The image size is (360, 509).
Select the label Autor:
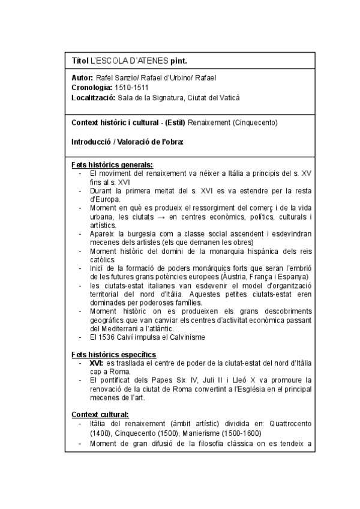point(82,77)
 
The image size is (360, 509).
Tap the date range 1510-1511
point(132,88)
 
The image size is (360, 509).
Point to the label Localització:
point(93,98)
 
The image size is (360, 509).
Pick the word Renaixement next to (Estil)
point(208,122)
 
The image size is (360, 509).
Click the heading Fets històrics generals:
point(112,164)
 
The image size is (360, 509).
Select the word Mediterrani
point(128,328)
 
